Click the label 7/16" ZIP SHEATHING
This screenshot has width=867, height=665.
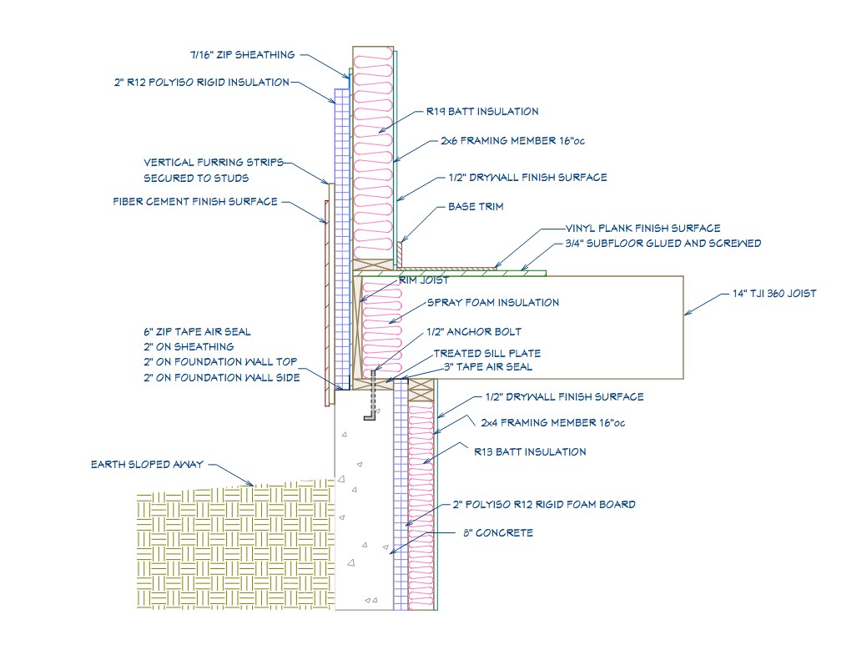242,55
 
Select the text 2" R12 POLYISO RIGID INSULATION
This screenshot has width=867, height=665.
201,83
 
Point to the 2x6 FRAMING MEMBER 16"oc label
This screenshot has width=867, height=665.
512,141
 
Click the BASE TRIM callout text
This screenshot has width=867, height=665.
476,205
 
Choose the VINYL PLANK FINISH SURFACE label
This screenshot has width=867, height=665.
643,228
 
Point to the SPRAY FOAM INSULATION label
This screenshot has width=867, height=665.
492,302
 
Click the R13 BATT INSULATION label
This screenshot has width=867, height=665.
530,451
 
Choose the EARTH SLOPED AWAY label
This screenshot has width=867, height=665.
147,464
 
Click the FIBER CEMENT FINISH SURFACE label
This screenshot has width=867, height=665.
194,201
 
